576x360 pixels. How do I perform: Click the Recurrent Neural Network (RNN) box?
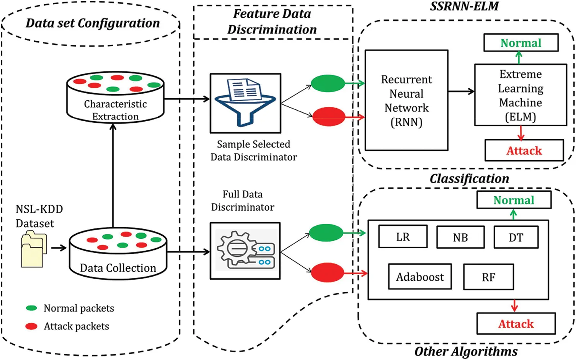tap(406, 100)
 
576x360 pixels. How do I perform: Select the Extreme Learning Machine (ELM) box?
tap(520, 95)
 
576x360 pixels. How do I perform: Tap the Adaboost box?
tap(420, 277)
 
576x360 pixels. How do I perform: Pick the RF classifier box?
tap(488, 277)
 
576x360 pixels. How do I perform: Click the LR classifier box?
tap(403, 237)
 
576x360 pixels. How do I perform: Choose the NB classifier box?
tap(460, 238)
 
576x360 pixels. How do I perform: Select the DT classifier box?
tap(516, 238)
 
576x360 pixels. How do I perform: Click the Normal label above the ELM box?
tap(521, 43)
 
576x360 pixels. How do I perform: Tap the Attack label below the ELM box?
tap(524, 150)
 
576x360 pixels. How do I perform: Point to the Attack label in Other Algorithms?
tap(516, 324)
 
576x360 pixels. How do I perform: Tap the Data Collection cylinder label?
tap(118, 268)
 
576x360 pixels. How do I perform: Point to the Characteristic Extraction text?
tap(115, 110)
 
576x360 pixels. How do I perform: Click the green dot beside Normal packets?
tap(31, 308)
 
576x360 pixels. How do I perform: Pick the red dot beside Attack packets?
tap(31, 326)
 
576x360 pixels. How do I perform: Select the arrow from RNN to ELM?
tap(461, 91)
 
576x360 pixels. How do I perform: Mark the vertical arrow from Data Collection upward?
tap(113, 176)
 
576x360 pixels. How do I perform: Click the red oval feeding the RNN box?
tap(328, 117)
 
